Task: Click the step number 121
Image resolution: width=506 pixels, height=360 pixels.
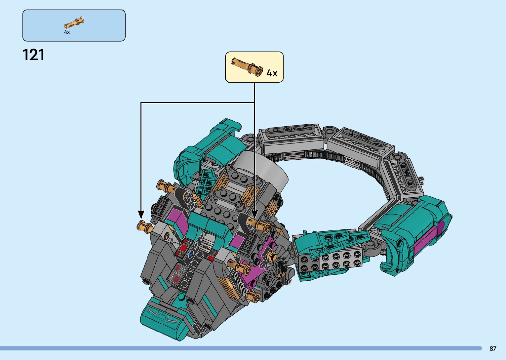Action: coord(33,55)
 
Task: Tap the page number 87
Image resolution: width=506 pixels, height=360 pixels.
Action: coord(493,348)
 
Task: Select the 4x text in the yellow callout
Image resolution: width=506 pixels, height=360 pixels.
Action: coord(272,73)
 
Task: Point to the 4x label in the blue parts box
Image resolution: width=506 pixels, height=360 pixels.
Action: coord(67,32)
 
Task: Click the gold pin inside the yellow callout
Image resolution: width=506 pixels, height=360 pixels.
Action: coord(247,66)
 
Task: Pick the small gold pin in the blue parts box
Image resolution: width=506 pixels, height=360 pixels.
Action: coord(74,23)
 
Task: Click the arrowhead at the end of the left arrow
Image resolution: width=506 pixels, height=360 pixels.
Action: coord(141,214)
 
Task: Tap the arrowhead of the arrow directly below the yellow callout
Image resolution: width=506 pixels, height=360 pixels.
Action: coord(254,214)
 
